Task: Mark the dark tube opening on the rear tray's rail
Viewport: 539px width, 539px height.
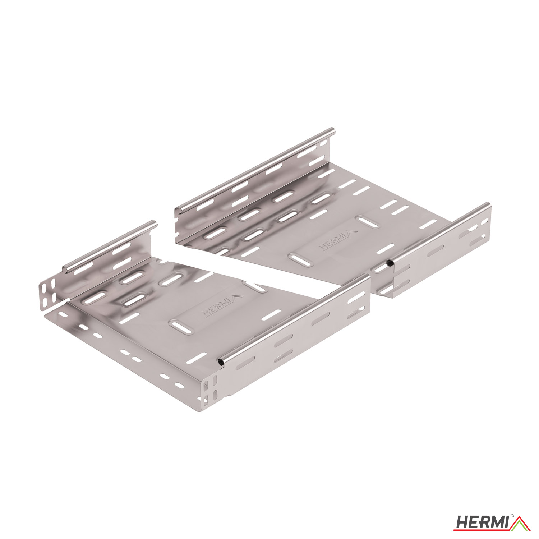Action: point(390,263)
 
